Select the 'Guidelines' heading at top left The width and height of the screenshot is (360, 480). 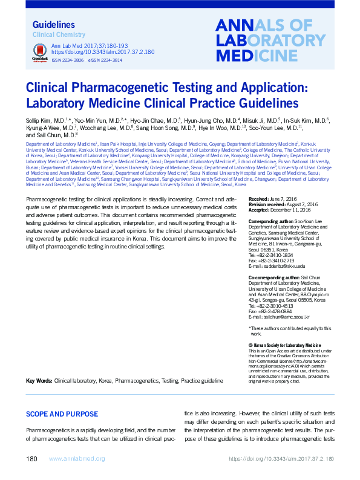click(x=53, y=25)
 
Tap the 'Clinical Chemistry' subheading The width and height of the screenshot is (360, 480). click(x=58, y=35)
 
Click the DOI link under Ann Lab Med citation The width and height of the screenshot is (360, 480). click(x=93, y=52)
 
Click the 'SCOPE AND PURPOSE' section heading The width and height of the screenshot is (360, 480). click(x=62, y=414)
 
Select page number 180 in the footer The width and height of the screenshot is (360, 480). click(x=33, y=459)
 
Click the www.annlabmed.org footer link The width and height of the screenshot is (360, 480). click(x=76, y=459)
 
